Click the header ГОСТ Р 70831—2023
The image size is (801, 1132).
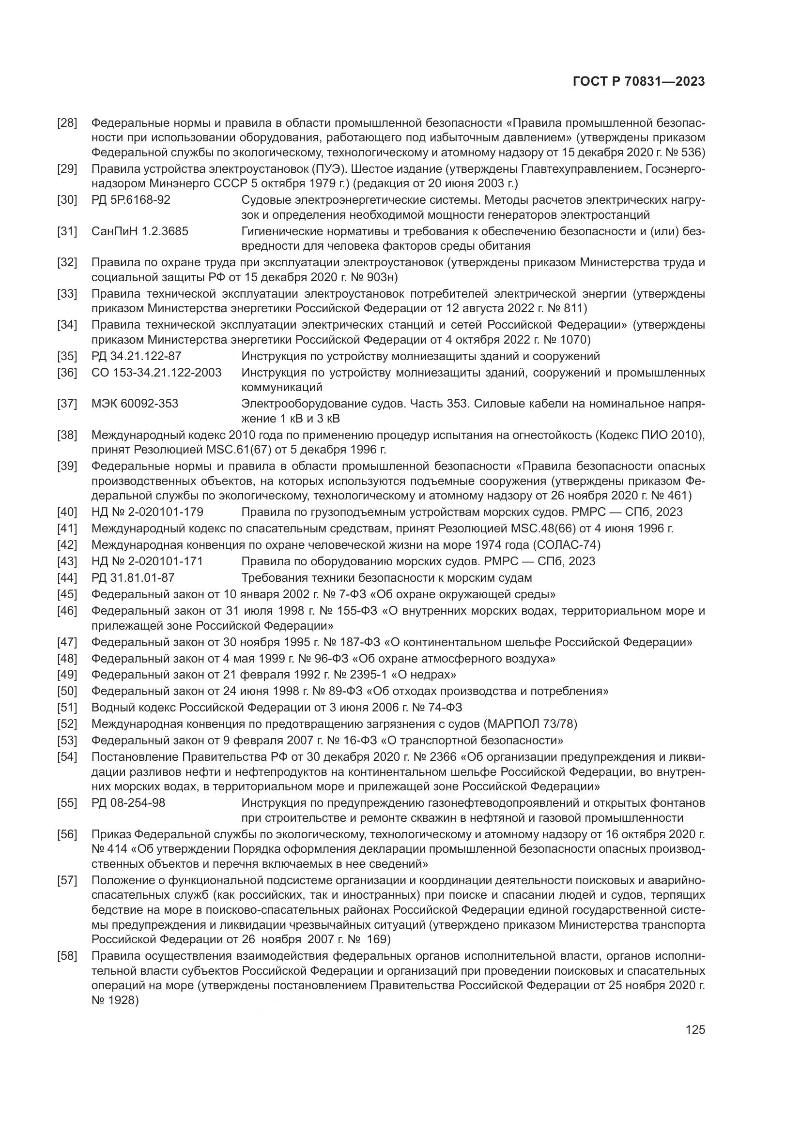639,82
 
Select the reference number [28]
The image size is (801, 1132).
68,123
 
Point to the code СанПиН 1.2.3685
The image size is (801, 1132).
140,231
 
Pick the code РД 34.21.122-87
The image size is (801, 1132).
137,356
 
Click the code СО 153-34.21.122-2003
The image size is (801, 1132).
156,372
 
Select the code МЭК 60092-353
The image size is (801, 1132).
135,404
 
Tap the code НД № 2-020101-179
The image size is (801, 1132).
148,512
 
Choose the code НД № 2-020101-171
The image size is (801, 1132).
148,561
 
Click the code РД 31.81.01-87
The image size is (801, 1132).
133,578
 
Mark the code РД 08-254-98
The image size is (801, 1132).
128,803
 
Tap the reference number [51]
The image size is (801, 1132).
68,708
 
